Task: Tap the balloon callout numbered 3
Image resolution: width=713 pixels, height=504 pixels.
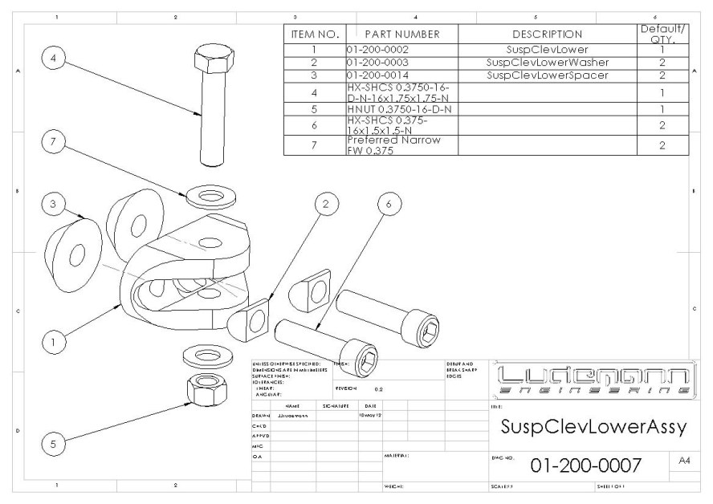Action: pyautogui.click(x=54, y=205)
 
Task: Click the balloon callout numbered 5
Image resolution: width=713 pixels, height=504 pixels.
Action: pyautogui.click(x=54, y=443)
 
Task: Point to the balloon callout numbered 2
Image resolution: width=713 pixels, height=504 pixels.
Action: pyautogui.click(x=326, y=205)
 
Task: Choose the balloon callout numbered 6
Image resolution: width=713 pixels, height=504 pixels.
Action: pyautogui.click(x=389, y=205)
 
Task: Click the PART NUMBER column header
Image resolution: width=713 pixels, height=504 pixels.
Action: pyautogui.click(x=401, y=35)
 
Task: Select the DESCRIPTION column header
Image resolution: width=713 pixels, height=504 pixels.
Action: pyautogui.click(x=546, y=35)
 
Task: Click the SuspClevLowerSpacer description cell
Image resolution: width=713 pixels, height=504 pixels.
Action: pyautogui.click(x=546, y=75)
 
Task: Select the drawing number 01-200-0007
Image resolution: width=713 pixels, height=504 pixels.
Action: pyautogui.click(x=585, y=466)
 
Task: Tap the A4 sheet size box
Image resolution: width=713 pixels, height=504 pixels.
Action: pyautogui.click(x=684, y=461)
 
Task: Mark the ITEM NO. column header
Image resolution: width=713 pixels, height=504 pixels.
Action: pyautogui.click(x=315, y=35)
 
